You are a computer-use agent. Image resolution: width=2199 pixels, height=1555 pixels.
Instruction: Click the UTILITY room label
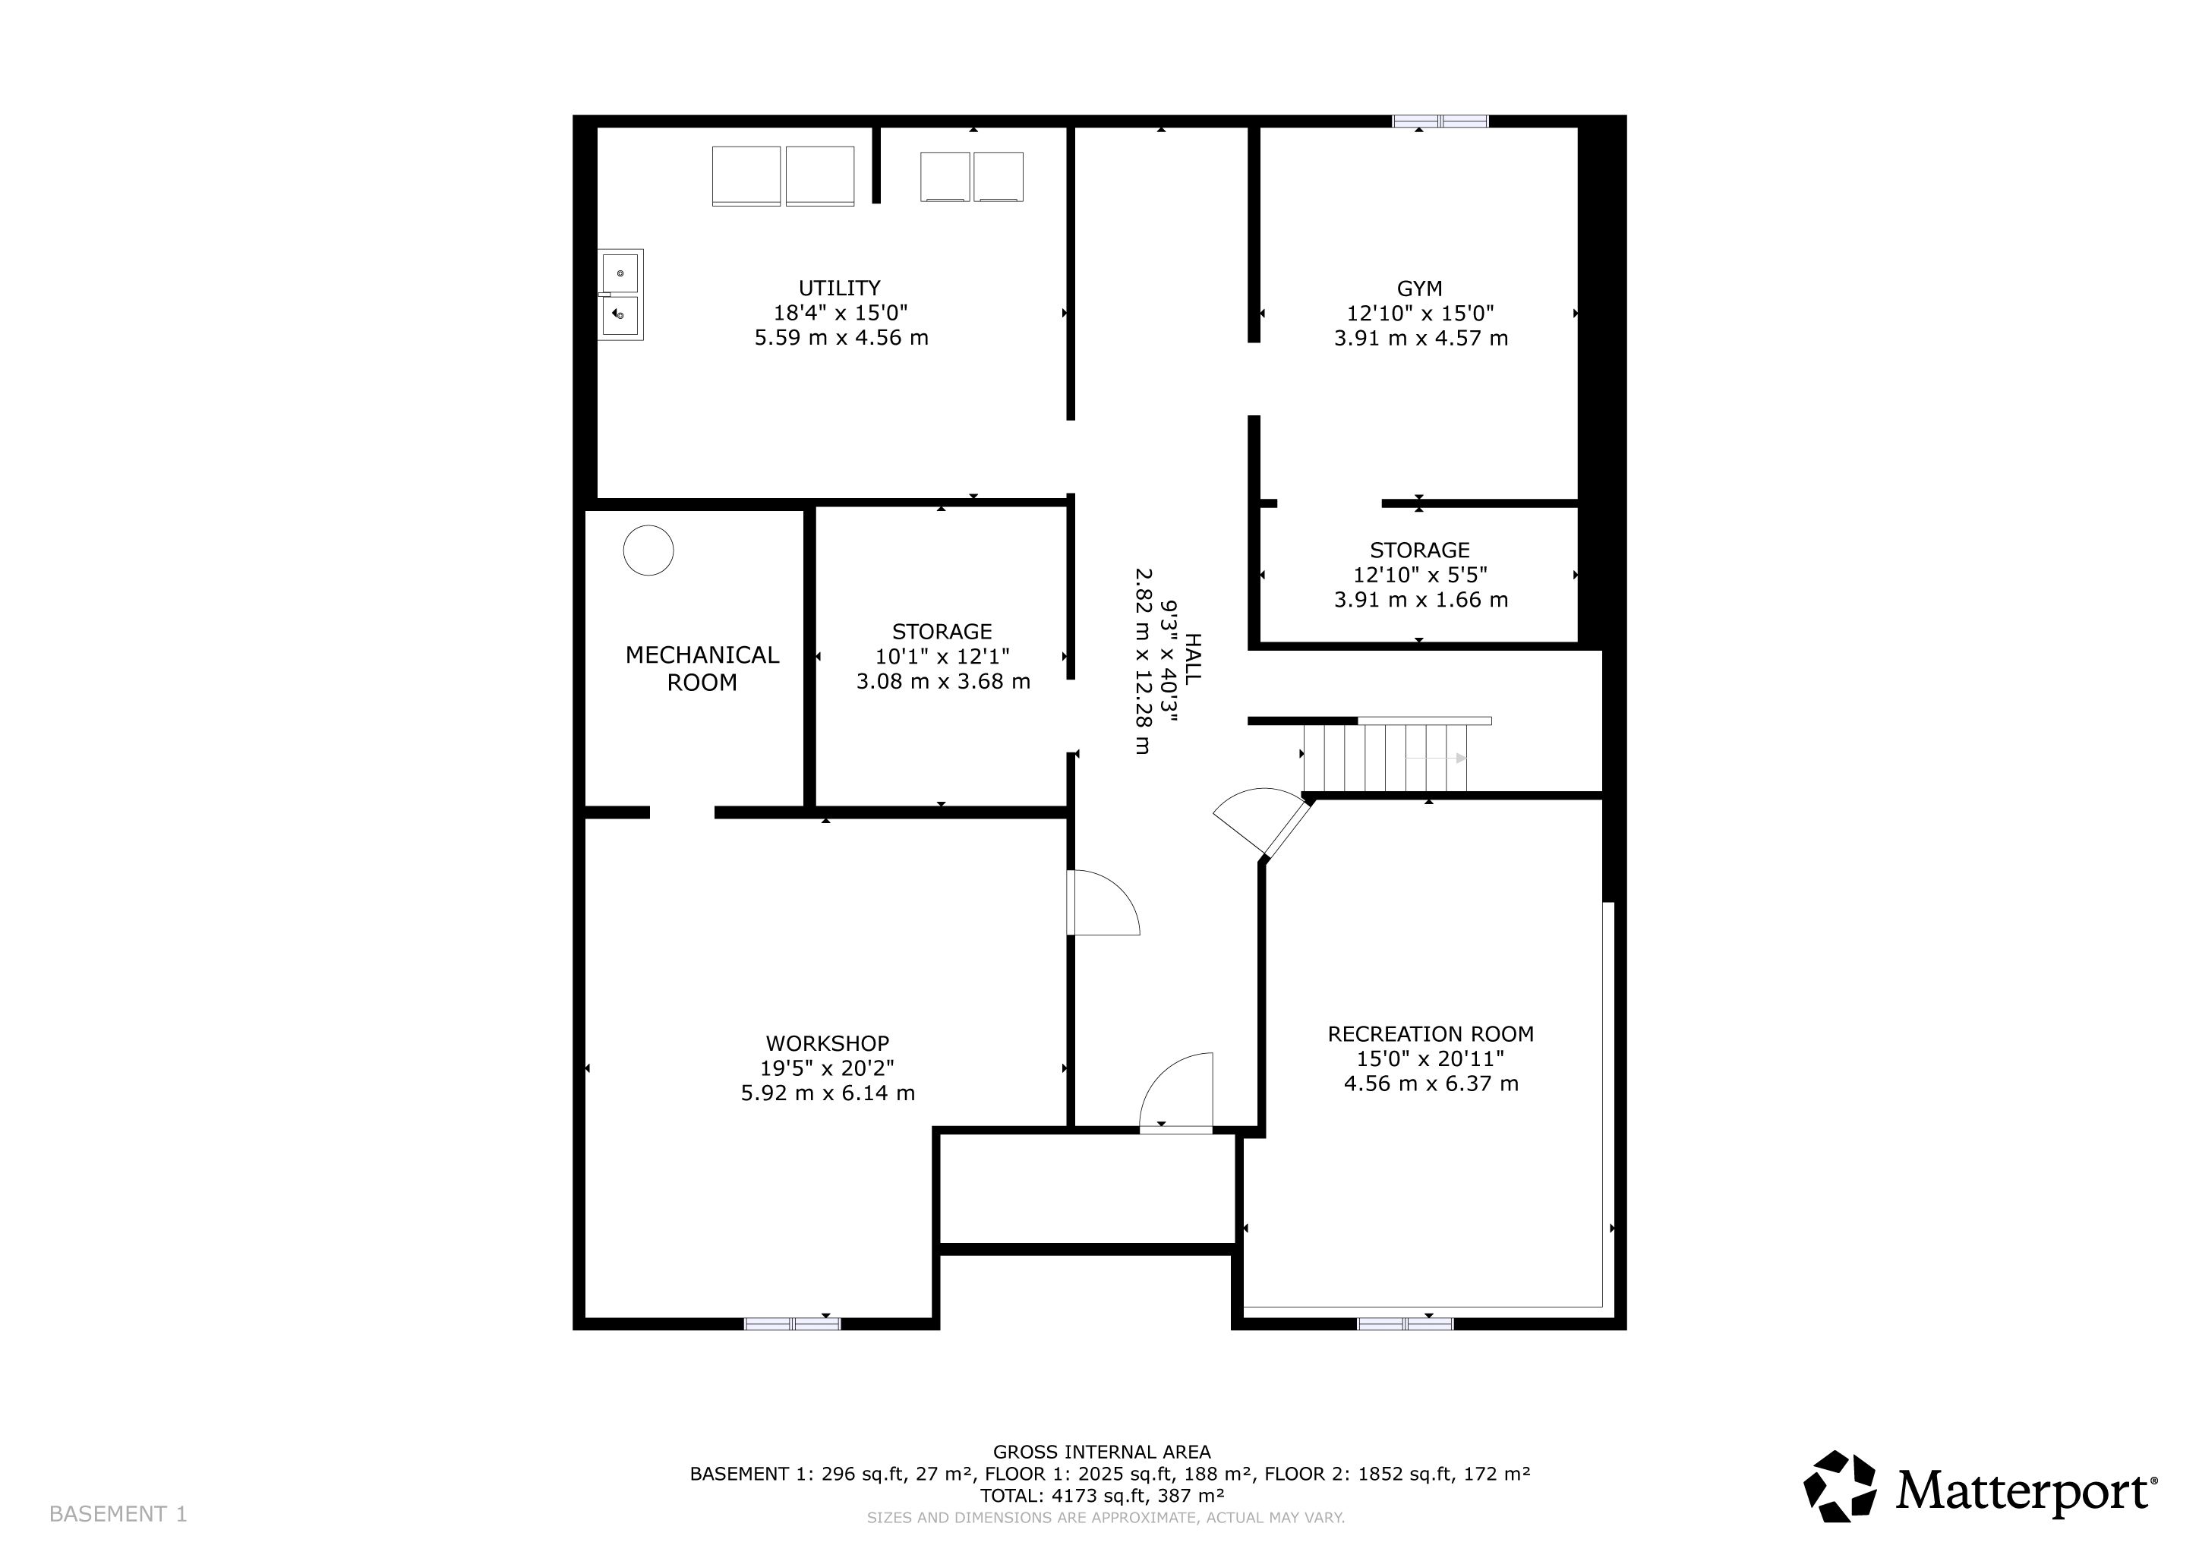tap(839, 289)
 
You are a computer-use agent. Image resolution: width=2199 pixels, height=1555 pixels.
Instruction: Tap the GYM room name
tap(1419, 289)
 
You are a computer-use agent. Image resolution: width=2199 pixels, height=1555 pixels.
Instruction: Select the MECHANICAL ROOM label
tap(702, 668)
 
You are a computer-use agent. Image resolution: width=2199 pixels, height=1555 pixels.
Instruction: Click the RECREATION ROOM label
tap(1431, 1034)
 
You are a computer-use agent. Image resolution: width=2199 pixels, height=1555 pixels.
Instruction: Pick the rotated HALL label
tap(1192, 659)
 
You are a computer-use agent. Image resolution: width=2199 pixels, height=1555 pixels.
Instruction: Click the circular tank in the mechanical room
tap(648, 550)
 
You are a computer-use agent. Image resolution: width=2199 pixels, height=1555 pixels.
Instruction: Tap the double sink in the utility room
tap(620, 295)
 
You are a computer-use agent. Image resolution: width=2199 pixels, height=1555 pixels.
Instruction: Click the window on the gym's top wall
tap(1440, 121)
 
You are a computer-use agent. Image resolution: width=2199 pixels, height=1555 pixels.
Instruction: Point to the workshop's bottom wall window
tap(792, 1324)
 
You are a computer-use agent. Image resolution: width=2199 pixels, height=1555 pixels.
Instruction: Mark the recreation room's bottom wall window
tap(1405, 1324)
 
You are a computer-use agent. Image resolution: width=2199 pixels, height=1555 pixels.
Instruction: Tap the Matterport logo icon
tap(1840, 1487)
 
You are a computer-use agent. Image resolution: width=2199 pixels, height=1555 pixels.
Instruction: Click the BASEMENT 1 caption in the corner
tap(118, 1514)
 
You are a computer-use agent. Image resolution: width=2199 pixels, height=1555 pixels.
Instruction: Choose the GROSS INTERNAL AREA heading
tap(1102, 1452)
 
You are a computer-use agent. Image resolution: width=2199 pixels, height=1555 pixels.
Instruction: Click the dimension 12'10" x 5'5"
tap(1419, 576)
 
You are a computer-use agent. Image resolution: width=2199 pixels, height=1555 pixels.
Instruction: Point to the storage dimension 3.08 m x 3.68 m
tap(943, 682)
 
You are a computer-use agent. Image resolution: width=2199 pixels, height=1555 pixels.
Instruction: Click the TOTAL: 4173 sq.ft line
tap(1102, 1496)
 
